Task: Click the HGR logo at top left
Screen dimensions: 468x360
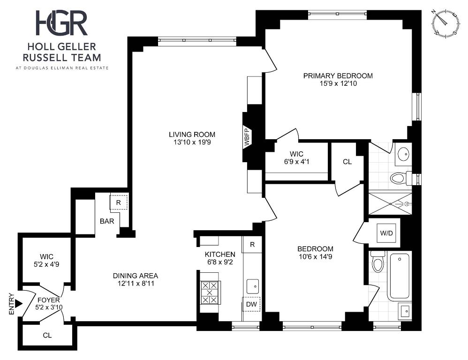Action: tap(61, 23)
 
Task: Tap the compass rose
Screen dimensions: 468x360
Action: tap(445, 23)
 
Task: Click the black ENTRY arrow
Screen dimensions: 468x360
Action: tap(19, 304)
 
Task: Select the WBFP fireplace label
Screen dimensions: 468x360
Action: tap(247, 138)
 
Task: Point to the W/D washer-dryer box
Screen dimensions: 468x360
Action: tap(386, 233)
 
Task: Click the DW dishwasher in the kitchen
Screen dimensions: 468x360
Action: tap(251, 304)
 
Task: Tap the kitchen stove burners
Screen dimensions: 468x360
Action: tap(210, 292)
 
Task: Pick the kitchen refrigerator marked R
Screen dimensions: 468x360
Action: tap(252, 245)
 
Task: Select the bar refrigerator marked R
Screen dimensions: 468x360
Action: tap(119, 202)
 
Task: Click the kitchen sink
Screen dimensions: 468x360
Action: tap(252, 286)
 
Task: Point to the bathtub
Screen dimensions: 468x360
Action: tap(399, 276)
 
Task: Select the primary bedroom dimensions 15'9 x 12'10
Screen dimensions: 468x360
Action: tap(338, 83)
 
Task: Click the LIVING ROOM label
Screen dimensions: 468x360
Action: tap(192, 135)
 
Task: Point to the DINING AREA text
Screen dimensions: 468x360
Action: tap(136, 276)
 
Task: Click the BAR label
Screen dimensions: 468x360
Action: tap(107, 221)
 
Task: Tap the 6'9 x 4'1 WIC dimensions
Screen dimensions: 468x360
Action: tap(297, 162)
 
